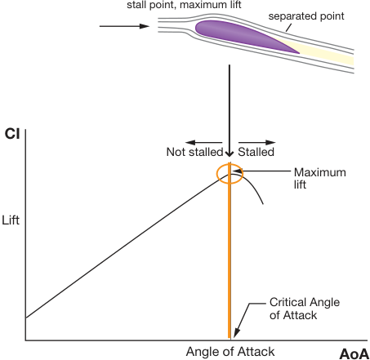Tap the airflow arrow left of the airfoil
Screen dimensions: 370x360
(x=124, y=26)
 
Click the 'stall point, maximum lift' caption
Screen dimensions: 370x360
(x=184, y=5)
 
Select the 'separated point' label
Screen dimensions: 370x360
(x=306, y=16)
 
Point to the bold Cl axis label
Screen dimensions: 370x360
(x=12, y=134)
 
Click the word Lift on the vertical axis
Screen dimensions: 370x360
(x=11, y=220)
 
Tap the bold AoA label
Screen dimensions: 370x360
(x=354, y=354)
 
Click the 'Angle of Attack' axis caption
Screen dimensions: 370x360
(x=230, y=352)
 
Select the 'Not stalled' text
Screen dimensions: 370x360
(x=194, y=152)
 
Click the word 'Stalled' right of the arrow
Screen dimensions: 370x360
(x=256, y=152)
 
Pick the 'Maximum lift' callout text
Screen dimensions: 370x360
(x=320, y=178)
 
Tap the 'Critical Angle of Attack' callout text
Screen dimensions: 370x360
(x=305, y=309)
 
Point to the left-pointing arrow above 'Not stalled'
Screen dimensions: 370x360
(x=203, y=142)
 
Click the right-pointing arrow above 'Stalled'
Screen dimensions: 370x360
(x=257, y=142)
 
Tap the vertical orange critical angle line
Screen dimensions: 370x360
(x=230, y=251)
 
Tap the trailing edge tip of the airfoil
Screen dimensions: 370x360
(x=300, y=53)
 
